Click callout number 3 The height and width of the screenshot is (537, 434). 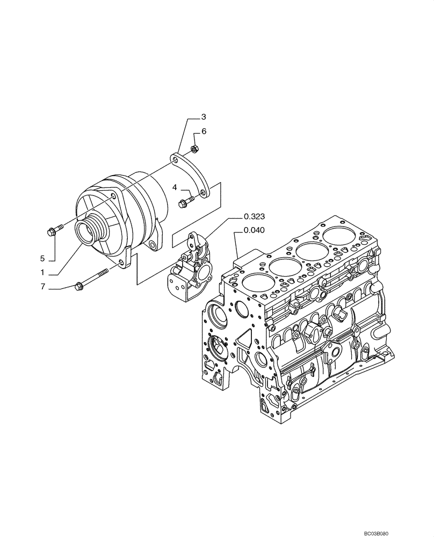click(x=204, y=116)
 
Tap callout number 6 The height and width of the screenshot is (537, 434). click(x=204, y=131)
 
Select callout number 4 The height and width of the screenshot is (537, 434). click(x=175, y=187)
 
